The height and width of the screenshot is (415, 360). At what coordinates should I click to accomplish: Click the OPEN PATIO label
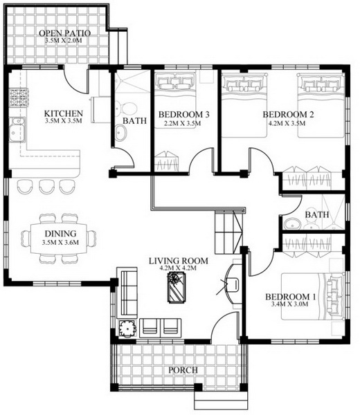click(x=65, y=33)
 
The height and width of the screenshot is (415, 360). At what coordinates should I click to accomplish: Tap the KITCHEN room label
click(x=63, y=113)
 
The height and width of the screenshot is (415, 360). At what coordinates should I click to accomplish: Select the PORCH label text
click(x=183, y=370)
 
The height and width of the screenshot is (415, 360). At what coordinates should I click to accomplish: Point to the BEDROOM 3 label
click(x=184, y=115)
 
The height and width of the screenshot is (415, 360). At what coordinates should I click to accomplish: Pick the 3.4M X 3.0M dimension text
click(x=290, y=304)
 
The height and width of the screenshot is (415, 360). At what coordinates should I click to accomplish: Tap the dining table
click(x=59, y=239)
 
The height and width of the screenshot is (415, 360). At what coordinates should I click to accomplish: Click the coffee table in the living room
click(x=176, y=287)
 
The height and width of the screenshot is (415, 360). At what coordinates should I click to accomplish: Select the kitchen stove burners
click(x=19, y=98)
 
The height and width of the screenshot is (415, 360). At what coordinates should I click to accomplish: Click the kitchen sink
click(x=17, y=129)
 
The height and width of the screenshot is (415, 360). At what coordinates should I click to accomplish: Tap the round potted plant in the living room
click(x=127, y=328)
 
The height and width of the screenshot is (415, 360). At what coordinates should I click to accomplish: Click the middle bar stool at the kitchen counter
click(x=46, y=186)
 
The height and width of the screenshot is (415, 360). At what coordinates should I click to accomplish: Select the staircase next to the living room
click(x=228, y=232)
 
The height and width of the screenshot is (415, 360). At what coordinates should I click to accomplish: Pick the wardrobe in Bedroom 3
click(x=166, y=161)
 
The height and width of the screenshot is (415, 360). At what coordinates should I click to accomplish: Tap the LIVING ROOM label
click(x=179, y=261)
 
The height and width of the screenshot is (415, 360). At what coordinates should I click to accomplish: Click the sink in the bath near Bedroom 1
click(x=292, y=224)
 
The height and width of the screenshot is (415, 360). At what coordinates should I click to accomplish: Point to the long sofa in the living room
click(x=127, y=293)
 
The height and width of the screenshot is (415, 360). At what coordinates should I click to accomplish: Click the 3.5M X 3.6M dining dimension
click(x=60, y=242)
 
